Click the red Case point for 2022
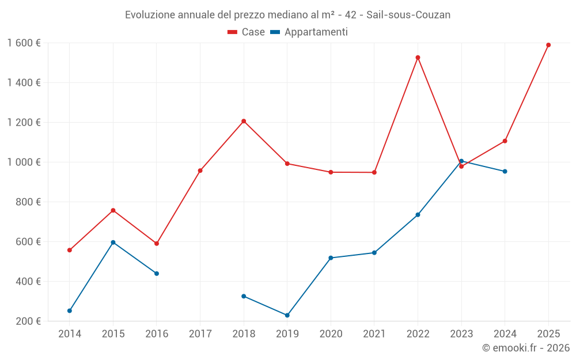click(418, 58)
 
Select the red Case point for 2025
click(548, 45)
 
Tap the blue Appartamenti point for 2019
click(287, 315)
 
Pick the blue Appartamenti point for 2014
click(70, 310)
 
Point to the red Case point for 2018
click(244, 121)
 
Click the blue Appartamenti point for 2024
click(505, 171)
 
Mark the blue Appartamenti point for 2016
click(157, 274)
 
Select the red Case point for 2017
click(200, 170)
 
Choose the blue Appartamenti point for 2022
click(418, 215)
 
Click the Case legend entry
click(247, 32)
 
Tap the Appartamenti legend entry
click(309, 32)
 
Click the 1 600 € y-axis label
click(24, 43)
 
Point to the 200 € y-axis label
click(29, 321)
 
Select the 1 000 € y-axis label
click(24, 162)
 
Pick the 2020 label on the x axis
click(331, 334)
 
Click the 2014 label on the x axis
click(70, 334)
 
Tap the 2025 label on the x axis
click(548, 334)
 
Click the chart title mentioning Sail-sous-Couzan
click(287, 15)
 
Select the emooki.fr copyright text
click(525, 348)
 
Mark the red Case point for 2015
click(113, 210)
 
